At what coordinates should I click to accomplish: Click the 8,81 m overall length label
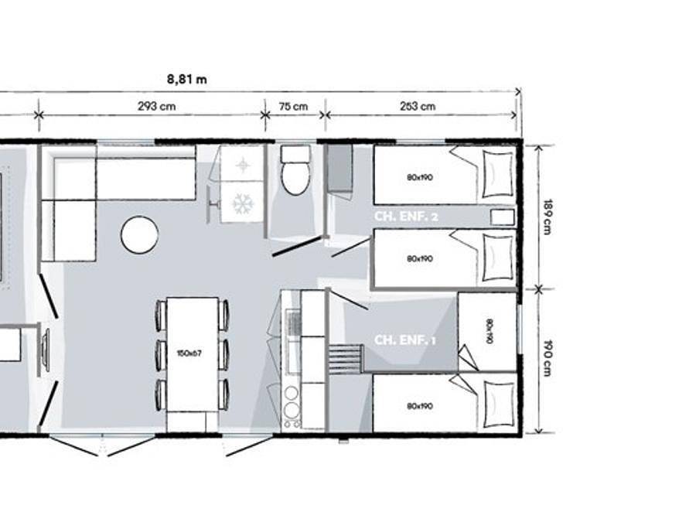(187, 79)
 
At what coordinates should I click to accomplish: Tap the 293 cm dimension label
(157, 107)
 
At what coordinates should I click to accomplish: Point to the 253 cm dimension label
(418, 107)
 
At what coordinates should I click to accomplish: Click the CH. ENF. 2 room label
(406, 217)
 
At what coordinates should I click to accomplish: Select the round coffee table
(140, 234)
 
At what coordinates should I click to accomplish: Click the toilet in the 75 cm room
(295, 171)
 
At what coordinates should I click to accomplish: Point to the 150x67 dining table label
(189, 353)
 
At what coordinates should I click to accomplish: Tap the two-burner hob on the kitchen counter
(292, 400)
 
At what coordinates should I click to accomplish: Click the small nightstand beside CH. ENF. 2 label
(503, 217)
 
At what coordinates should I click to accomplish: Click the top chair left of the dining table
(161, 313)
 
